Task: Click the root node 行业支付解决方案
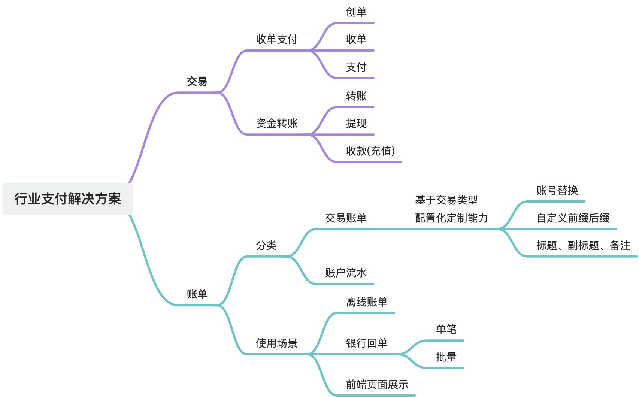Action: coord(68,199)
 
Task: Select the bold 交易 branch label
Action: coord(197,81)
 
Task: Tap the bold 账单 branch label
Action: coord(197,294)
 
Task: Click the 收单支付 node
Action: coord(276,39)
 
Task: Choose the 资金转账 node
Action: coord(276,123)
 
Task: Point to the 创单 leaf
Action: coord(356,12)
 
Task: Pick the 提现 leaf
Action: coord(356,123)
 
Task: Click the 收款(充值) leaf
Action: coord(370,151)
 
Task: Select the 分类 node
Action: coord(266,245)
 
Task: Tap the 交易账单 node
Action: coord(345,218)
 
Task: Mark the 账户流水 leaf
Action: coord(345,273)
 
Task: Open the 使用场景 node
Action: coord(276,343)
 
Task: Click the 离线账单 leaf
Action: coord(366,302)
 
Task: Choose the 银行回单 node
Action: coord(366,343)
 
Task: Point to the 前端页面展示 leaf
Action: coord(377,384)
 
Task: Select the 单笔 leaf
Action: coord(446,329)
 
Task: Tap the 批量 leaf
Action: coord(446,357)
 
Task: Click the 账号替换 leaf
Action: coord(557,190)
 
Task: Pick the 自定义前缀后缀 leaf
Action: coord(573,218)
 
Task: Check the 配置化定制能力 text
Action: coord(451,218)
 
